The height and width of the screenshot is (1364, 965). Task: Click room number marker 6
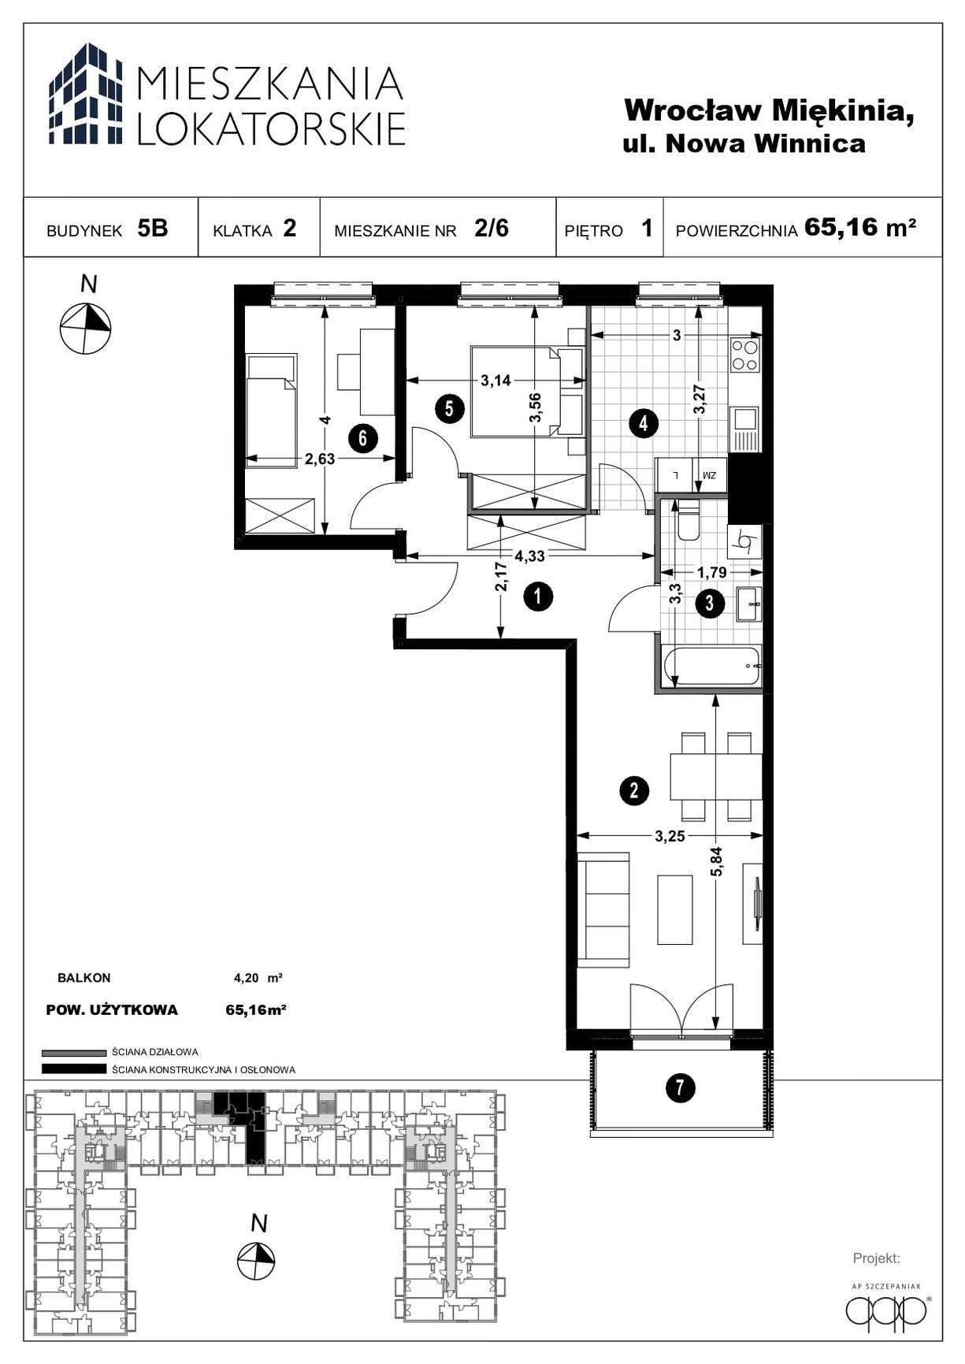[362, 437]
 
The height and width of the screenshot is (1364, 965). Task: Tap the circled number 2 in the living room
[634, 790]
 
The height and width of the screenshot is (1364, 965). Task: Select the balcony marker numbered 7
[680, 1088]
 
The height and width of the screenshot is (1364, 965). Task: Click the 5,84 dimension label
[716, 861]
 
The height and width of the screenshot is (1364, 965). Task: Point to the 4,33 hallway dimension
[529, 556]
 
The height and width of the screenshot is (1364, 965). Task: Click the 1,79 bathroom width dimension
[711, 572]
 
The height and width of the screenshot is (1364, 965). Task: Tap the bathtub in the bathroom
[712, 667]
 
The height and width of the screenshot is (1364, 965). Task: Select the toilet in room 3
[688, 519]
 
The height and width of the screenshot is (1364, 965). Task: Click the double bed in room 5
[526, 391]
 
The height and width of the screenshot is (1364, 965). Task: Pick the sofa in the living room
[603, 909]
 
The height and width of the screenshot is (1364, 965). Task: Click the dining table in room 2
[715, 777]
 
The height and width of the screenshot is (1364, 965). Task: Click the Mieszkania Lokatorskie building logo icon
[86, 94]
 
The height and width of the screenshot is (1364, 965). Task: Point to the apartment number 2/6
[492, 228]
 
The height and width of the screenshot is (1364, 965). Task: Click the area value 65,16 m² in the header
[860, 227]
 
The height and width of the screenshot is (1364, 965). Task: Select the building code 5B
[153, 228]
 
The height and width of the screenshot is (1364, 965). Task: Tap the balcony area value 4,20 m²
[258, 978]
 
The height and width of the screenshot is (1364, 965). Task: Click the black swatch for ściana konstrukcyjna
[73, 1069]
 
